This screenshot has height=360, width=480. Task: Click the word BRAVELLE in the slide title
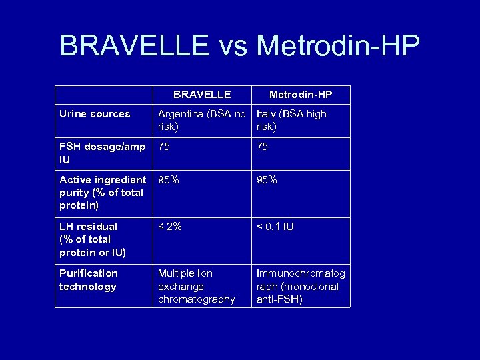134,47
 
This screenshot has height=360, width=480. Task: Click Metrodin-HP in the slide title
338,47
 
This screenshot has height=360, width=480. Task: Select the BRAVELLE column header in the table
202,95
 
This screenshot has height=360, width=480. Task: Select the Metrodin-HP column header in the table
300,95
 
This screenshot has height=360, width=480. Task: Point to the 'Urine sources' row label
95,114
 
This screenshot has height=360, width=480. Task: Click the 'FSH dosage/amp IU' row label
102,153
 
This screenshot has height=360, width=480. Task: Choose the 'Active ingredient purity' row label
102,193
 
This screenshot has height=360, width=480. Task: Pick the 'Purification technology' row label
88,280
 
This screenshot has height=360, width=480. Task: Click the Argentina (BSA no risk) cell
202,120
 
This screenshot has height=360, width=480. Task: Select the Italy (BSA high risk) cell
291,120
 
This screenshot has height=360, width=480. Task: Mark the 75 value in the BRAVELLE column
164,147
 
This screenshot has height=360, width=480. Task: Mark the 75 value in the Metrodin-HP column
263,147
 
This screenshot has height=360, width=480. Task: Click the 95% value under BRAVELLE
169,180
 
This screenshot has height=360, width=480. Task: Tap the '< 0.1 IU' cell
275,227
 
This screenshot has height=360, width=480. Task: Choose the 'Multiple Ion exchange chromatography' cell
197,287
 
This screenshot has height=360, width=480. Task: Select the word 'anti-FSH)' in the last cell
279,300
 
